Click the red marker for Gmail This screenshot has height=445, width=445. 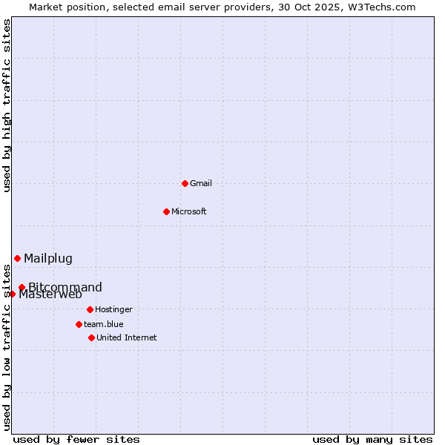tap(185, 183)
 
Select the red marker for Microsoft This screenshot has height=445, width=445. tap(166, 211)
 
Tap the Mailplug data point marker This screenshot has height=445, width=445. tap(17, 258)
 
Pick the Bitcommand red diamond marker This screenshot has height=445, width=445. tap(22, 287)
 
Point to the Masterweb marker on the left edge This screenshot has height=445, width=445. tap(13, 294)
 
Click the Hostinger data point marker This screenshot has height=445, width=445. tap(90, 309)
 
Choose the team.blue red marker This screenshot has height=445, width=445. tap(79, 324)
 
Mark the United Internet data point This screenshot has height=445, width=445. tap(91, 337)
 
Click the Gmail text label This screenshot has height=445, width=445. tap(201, 183)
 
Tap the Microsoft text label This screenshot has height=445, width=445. tap(189, 211)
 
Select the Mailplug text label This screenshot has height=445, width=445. tap(48, 258)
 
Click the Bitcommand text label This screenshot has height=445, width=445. tap(65, 287)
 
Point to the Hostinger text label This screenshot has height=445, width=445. tap(113, 309)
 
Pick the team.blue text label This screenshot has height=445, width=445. tap(104, 324)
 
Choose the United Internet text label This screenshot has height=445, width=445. tap(127, 337)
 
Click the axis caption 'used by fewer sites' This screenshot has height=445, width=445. tap(76, 439)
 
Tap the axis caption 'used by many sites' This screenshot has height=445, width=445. tap(372, 439)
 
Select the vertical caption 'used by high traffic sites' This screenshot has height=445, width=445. tap(7, 105)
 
